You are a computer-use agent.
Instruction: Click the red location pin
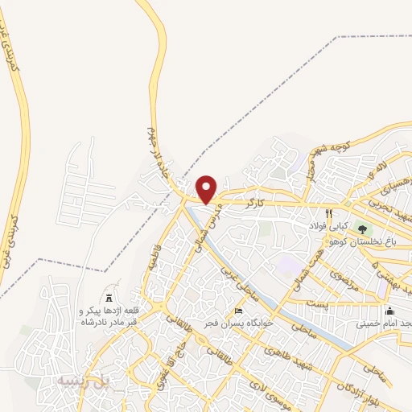[x=207, y=188]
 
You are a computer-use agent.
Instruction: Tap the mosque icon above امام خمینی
[x=391, y=311]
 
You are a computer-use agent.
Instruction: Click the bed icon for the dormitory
[x=237, y=311]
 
